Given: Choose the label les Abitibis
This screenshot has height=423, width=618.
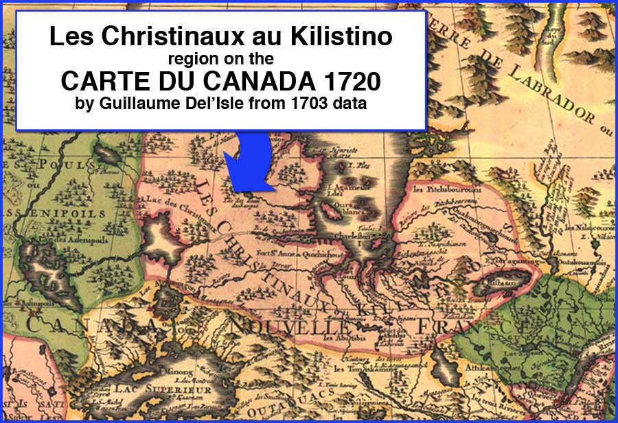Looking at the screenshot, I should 343,337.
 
